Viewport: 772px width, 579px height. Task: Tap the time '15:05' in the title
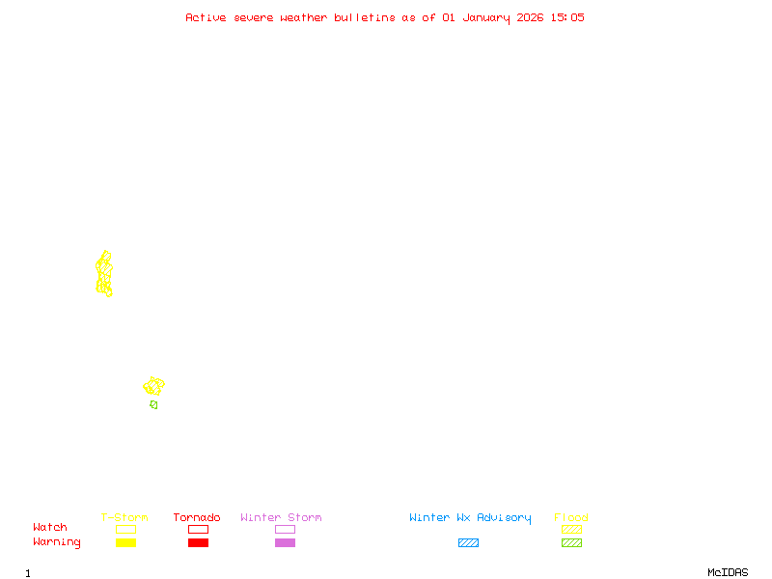click(566, 17)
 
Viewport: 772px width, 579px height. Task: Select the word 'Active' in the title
click(207, 17)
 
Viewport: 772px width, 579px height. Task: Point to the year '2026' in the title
click(529, 17)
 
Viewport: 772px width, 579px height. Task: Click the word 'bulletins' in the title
click(364, 17)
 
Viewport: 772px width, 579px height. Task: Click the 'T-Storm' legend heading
click(124, 518)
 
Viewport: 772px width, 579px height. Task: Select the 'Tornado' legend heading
click(197, 518)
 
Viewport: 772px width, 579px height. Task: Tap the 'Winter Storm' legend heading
click(281, 518)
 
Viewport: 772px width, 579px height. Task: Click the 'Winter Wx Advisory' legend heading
click(470, 518)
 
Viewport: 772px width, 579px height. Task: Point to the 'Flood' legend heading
click(571, 518)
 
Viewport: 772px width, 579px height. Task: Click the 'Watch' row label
click(50, 528)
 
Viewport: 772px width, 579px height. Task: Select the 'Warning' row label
click(57, 542)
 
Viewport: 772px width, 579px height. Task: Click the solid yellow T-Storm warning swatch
click(125, 543)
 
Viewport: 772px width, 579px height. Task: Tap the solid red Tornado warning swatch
click(198, 543)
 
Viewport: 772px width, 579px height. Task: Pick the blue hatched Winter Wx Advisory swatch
click(468, 543)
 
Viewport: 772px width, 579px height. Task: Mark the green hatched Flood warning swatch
click(571, 543)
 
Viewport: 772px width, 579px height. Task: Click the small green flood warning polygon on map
click(153, 404)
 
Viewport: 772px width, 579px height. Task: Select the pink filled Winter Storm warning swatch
click(285, 543)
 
